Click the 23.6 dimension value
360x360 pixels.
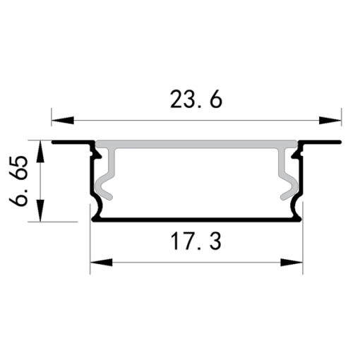coord(196,100)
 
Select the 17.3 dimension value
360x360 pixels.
coord(196,242)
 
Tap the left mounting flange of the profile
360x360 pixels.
coord(71,142)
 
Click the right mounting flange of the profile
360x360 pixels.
coord(320,142)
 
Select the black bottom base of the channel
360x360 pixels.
coord(196,219)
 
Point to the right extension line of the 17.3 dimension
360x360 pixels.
coord(302,247)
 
